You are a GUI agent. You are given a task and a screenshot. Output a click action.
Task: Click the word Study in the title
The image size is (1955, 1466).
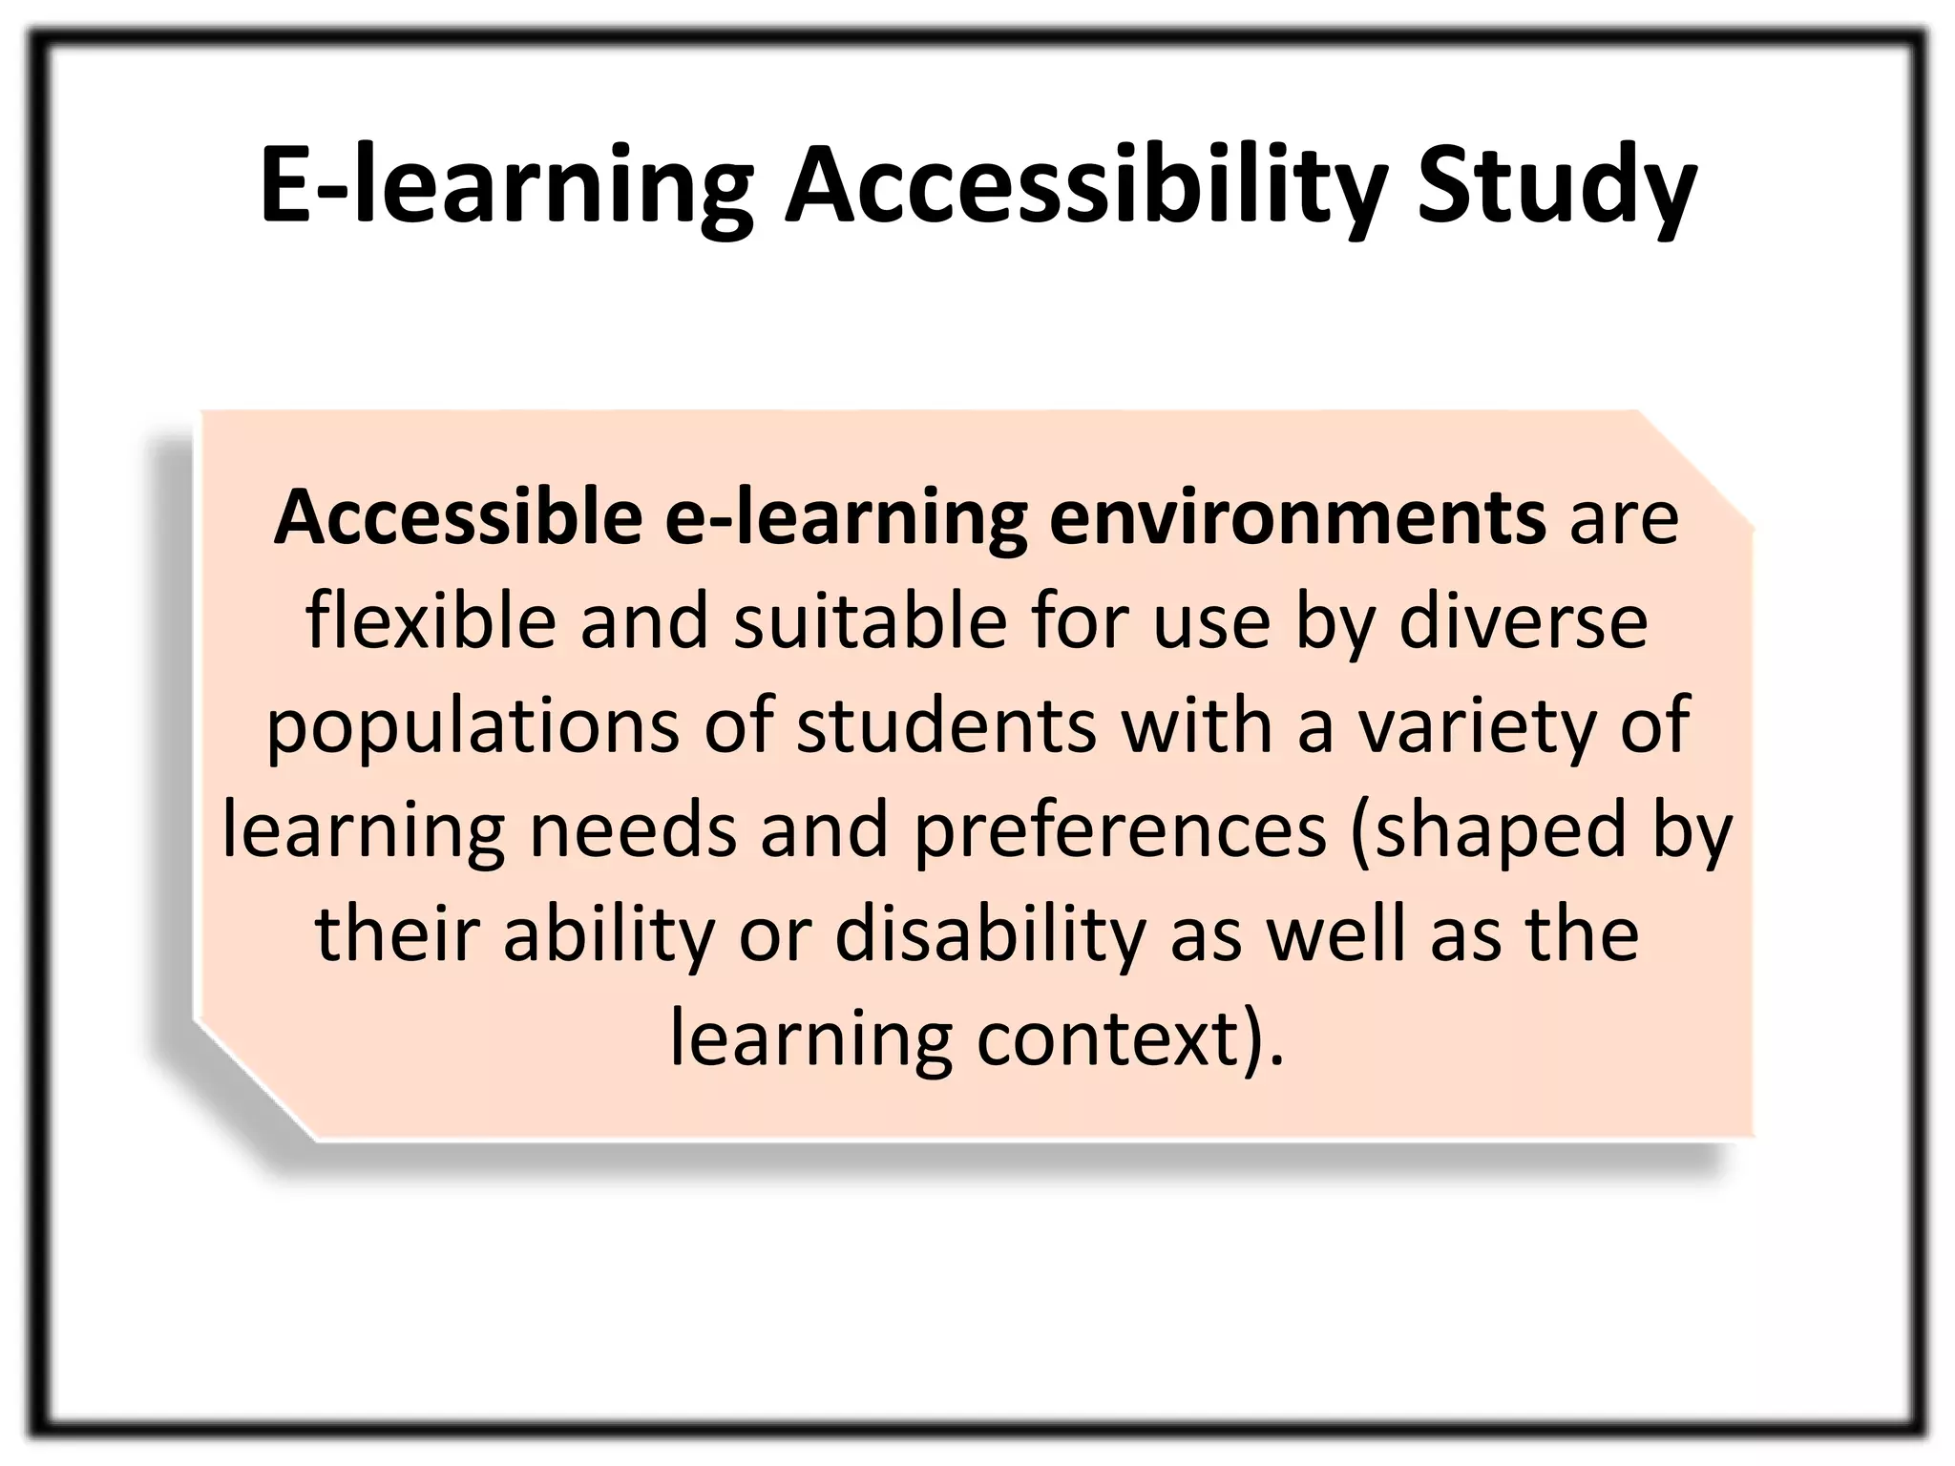click(x=1557, y=187)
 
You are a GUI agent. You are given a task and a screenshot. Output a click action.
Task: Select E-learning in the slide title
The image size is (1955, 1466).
click(x=506, y=187)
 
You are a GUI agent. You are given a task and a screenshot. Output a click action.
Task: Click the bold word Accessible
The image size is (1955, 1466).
click(x=458, y=517)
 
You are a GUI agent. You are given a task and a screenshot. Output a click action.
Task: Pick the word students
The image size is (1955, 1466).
click(x=946, y=724)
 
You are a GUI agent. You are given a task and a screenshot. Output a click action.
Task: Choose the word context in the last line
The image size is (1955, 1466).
click(x=1107, y=1037)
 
